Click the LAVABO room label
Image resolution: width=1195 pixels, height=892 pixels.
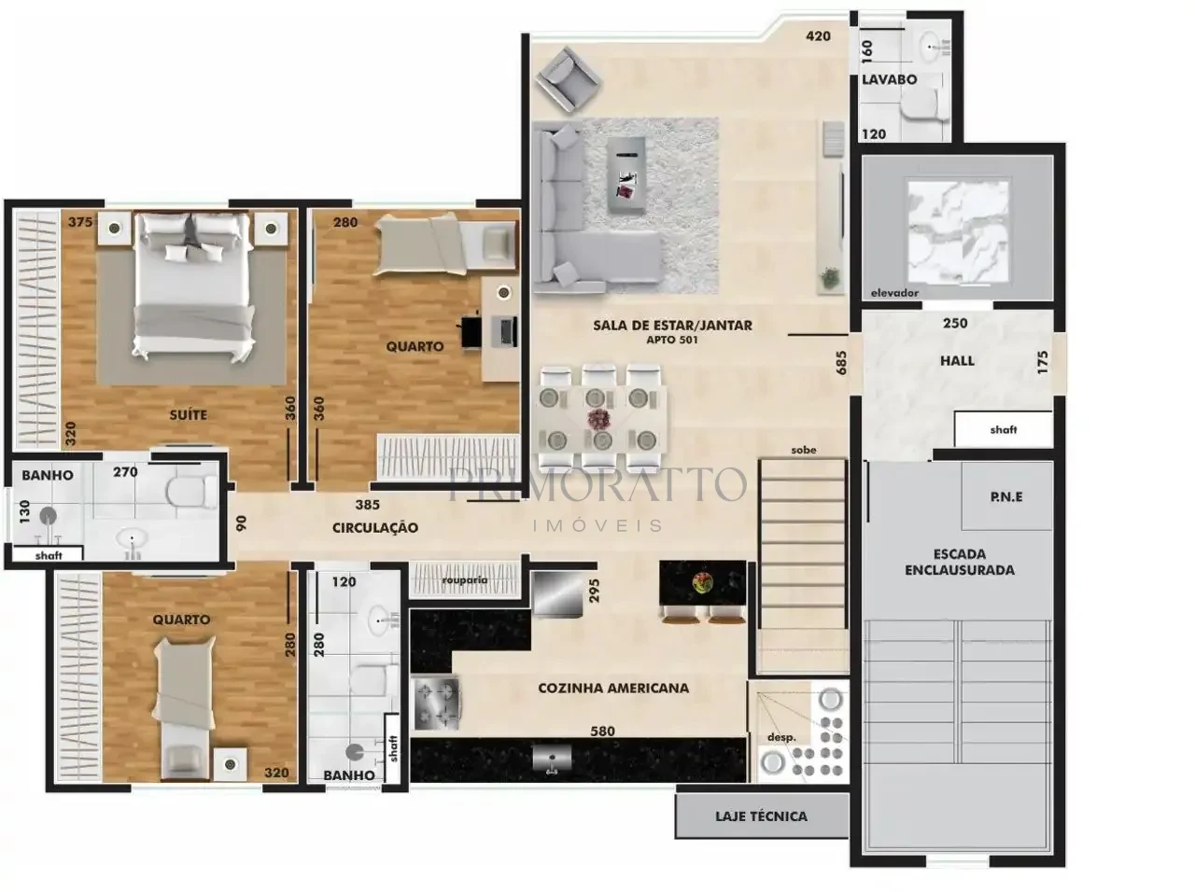[889, 79]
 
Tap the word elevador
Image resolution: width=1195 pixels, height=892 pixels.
[894, 293]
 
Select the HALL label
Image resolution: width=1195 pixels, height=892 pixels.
[957, 360]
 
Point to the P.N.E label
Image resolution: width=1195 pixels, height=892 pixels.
[1006, 496]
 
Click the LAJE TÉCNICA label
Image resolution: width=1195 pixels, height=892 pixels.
[761, 816]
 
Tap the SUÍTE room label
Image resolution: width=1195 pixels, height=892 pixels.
[189, 414]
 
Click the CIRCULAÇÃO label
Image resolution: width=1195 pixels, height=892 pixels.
[375, 527]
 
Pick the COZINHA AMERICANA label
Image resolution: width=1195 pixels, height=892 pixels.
[613, 688]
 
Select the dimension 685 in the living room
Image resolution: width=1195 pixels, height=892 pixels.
[841, 362]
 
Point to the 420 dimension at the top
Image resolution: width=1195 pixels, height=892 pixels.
[818, 35]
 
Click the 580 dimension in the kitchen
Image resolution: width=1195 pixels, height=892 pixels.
[603, 732]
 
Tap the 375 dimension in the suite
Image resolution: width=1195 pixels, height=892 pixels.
[80, 222]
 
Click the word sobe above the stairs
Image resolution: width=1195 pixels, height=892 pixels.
[804, 450]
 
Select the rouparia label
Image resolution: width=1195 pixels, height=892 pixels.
[464, 579]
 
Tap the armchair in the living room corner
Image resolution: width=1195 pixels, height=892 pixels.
[568, 79]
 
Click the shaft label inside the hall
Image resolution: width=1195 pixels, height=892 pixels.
[1004, 430]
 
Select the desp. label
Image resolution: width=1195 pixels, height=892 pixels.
[781, 738]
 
